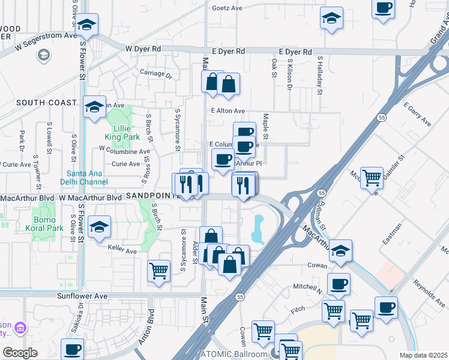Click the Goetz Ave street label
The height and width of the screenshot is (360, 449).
(227, 8)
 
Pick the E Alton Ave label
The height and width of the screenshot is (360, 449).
(228, 111)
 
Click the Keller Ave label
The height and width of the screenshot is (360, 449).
(123, 247)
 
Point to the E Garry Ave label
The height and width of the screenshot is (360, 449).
(417, 114)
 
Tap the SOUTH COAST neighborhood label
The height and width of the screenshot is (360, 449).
(46, 103)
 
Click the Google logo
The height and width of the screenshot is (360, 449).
(20, 352)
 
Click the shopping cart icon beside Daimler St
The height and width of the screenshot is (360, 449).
(372, 177)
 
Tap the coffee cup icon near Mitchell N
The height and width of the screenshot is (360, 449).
(339, 284)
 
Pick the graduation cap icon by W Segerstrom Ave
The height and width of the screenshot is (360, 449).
(87, 25)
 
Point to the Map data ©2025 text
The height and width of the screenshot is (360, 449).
(424, 355)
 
